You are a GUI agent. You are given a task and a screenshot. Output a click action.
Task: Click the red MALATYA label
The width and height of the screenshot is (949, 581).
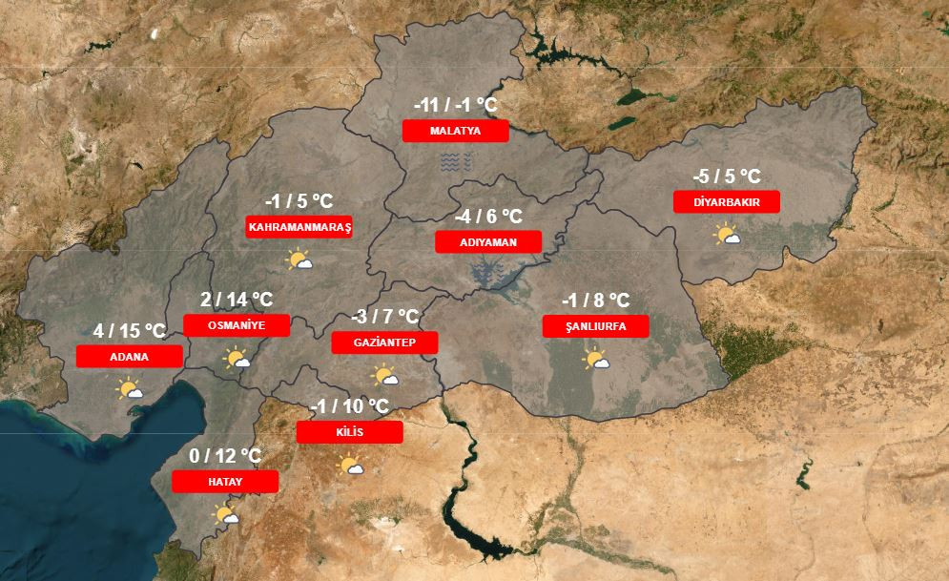point(455,131)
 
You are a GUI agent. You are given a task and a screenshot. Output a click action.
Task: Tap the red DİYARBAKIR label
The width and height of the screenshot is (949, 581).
point(726,201)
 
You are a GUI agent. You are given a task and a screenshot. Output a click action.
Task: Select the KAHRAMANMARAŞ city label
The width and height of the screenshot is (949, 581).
point(299,227)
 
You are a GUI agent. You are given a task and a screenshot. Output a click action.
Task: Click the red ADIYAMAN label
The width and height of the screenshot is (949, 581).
point(488,242)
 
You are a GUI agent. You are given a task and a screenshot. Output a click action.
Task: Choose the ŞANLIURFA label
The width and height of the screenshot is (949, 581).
point(595,326)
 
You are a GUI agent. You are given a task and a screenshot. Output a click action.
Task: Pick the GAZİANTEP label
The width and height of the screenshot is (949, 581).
point(383,342)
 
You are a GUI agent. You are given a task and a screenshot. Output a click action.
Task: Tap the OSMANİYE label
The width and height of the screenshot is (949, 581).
point(236,325)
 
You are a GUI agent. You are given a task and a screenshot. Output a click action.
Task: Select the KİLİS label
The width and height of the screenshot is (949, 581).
point(350,432)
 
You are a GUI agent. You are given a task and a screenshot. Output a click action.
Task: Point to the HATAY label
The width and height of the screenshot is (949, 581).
point(225,482)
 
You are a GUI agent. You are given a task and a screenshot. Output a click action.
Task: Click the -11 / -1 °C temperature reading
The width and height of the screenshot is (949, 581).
point(455,105)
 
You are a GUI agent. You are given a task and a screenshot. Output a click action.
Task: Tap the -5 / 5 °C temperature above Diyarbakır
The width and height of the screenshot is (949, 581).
point(727,176)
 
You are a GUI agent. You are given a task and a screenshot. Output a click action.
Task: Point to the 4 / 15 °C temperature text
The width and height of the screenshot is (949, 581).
point(130,331)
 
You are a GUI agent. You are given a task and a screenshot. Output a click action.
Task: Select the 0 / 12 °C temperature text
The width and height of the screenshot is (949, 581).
point(225,456)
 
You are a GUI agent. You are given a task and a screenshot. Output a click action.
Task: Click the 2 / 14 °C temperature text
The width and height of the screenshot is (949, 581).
point(237,300)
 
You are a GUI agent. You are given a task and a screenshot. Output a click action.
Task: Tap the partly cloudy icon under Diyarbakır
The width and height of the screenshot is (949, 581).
point(728,234)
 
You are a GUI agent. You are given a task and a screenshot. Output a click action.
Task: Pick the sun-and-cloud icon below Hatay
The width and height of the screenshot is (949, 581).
point(226,516)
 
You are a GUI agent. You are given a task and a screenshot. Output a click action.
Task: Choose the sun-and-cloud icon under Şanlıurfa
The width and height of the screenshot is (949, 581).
point(595,360)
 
